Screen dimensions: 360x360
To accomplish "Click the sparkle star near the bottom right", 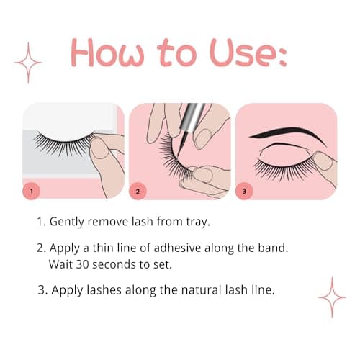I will (x=332, y=297).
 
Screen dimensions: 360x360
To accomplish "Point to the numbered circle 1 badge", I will (x=32, y=192).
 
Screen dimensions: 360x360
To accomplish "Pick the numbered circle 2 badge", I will (x=139, y=192).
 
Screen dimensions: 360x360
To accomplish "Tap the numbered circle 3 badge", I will (x=246, y=192).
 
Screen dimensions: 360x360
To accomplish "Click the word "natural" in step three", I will (x=194, y=291).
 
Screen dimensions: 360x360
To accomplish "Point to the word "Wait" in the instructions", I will (x=61, y=264).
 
